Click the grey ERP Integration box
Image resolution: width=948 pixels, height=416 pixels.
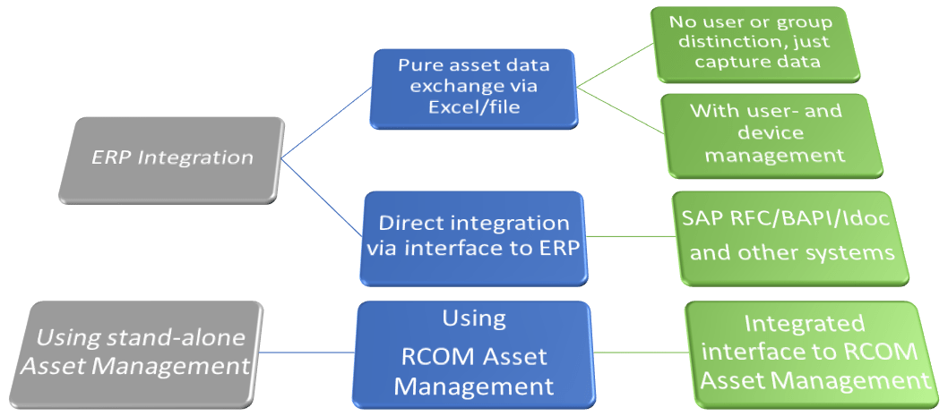pos(172,159)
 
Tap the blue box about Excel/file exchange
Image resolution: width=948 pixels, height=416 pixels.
pos(474,89)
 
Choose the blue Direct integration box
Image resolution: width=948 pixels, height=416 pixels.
pos(473,239)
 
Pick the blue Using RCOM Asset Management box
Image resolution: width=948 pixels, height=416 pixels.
pos(473,355)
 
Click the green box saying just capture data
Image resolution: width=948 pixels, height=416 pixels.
pos(755,44)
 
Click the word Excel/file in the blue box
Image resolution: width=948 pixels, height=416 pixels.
pos(474,107)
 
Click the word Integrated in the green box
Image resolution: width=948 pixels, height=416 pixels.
pos(804,325)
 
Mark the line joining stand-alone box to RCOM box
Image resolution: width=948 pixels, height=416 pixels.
pos(307,352)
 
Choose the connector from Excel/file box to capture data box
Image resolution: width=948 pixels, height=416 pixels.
pos(615,65)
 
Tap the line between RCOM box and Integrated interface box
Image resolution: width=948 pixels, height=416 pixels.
pos(640,352)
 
